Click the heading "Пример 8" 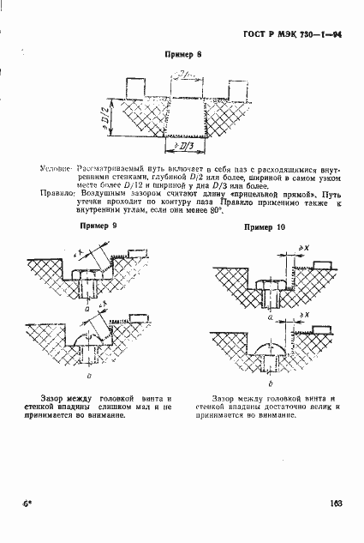182,54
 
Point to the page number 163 335,505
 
